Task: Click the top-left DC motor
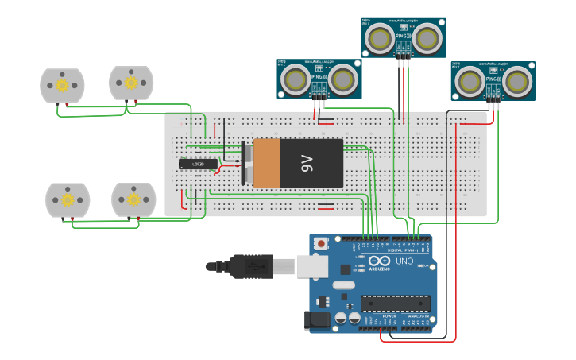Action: [x=62, y=85]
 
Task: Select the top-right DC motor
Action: [x=131, y=83]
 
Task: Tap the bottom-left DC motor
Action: [x=68, y=199]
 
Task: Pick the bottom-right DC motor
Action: [x=133, y=199]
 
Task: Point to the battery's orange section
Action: [x=267, y=164]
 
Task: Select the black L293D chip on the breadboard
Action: [x=198, y=165]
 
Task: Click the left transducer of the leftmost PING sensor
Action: [x=296, y=79]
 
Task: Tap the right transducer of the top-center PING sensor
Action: [x=428, y=37]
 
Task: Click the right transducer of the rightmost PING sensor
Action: [x=516, y=80]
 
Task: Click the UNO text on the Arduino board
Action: [x=404, y=261]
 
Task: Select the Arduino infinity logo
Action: [x=379, y=261]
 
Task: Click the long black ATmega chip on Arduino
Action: [x=395, y=303]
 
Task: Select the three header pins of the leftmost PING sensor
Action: [x=319, y=102]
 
